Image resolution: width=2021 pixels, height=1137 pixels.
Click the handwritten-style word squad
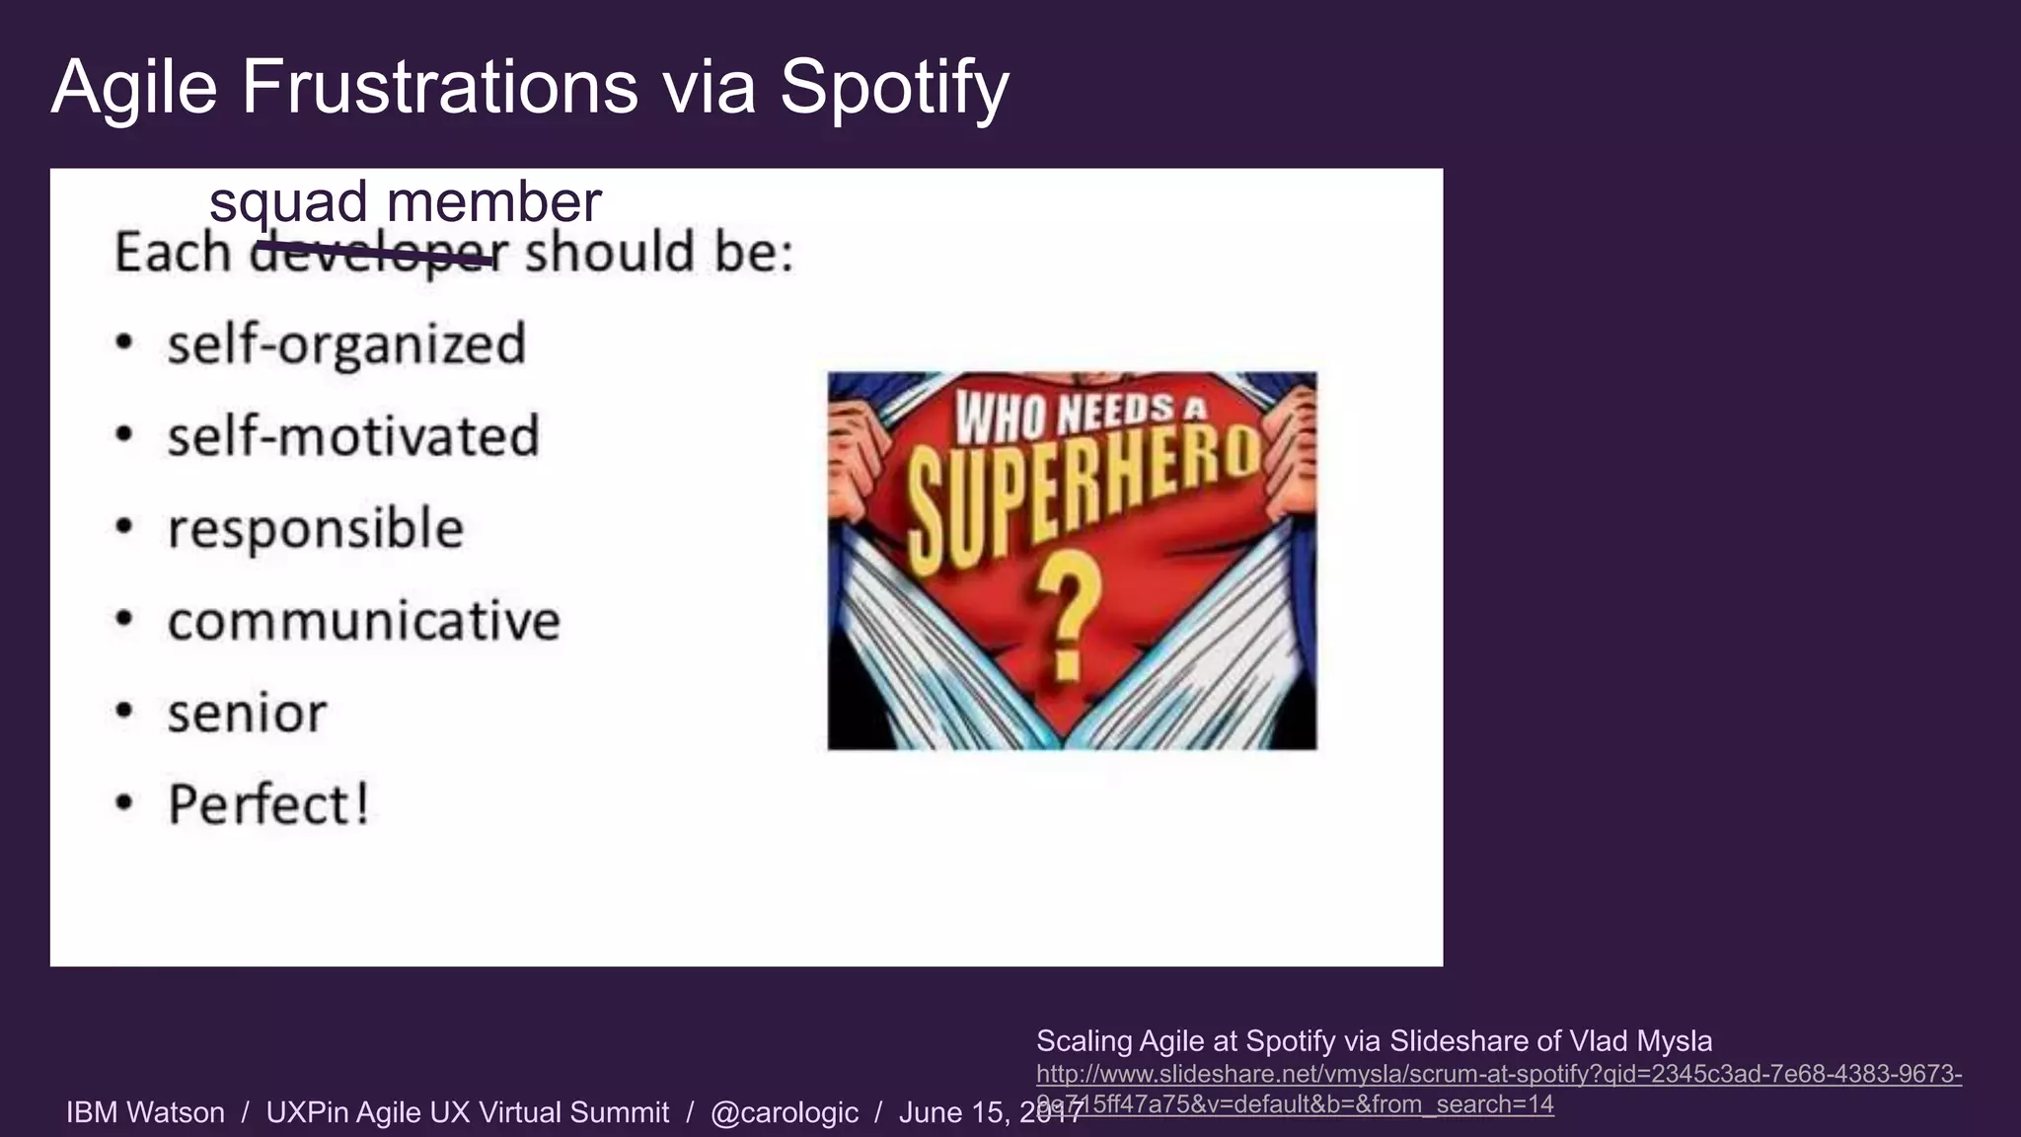(288, 203)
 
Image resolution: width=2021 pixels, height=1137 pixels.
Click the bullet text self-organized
(346, 344)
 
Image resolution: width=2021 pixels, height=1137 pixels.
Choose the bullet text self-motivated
(353, 436)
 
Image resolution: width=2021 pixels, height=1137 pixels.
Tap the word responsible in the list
(315, 528)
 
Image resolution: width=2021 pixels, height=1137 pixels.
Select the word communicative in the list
(363, 621)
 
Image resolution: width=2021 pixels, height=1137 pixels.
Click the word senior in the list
(247, 713)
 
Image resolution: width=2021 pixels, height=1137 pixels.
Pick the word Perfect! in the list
(268, 804)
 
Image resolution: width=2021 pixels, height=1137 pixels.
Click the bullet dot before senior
(123, 712)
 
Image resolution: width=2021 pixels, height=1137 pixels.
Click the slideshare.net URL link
(1498, 1075)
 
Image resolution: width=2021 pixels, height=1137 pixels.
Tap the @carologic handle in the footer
(785, 1112)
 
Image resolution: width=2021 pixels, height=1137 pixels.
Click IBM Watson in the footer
(145, 1112)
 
